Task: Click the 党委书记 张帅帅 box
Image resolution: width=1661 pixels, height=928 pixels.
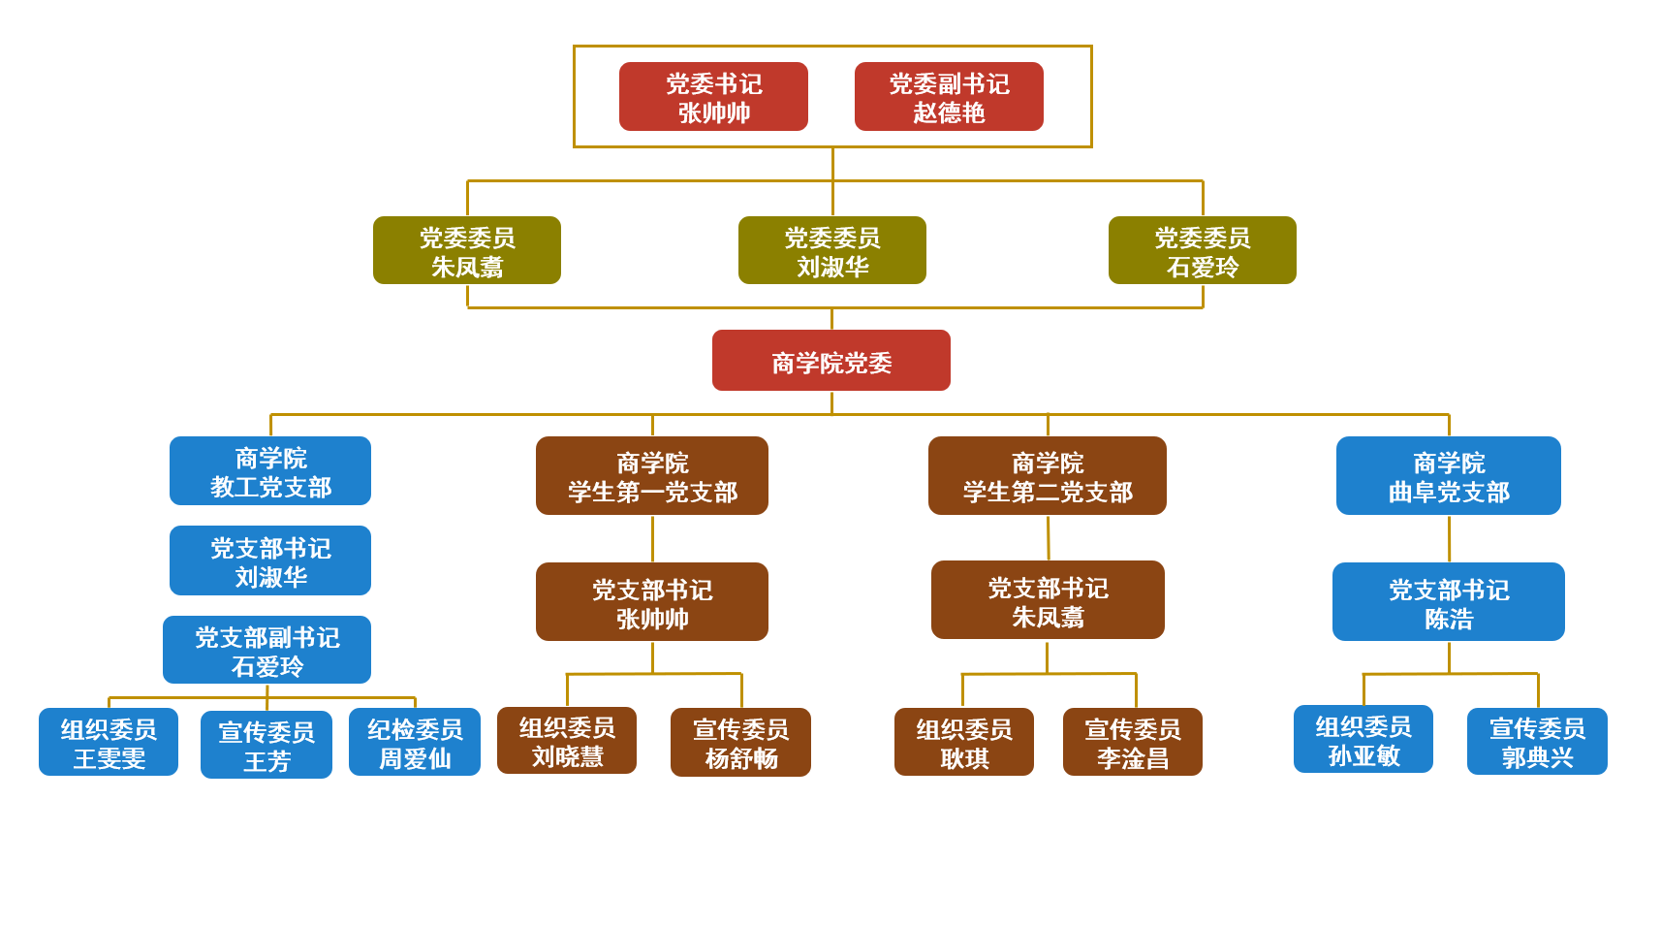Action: (713, 97)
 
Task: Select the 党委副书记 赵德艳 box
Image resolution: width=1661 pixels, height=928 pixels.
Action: (949, 97)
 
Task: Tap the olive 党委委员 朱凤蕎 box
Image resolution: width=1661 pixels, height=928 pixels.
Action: (467, 250)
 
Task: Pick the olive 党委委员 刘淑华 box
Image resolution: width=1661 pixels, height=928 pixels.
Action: (831, 250)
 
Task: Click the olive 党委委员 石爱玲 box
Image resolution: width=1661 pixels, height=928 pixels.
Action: (1202, 250)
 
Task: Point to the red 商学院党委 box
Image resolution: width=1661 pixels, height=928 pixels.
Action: (830, 361)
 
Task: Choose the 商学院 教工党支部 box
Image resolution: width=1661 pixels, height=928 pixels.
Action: (270, 471)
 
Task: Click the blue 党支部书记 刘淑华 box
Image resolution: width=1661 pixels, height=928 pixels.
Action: (270, 560)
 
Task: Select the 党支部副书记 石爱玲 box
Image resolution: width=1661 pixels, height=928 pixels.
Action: (266, 650)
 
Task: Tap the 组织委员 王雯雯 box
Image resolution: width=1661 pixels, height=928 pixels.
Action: (109, 742)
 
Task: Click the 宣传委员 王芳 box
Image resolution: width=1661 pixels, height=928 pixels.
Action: (266, 745)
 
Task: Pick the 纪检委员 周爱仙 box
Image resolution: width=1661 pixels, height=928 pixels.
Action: (415, 742)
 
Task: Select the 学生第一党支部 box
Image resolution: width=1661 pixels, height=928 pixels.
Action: (652, 476)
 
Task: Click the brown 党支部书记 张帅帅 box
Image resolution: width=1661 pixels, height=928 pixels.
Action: (652, 602)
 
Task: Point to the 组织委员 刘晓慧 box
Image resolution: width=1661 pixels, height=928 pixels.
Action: (567, 741)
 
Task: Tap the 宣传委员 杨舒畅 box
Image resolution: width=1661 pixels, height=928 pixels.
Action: (740, 743)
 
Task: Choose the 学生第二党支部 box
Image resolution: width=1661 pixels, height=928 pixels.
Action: (1048, 476)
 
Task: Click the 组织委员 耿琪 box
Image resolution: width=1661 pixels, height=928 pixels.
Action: (964, 742)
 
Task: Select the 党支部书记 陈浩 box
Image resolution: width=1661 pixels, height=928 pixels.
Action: (1449, 602)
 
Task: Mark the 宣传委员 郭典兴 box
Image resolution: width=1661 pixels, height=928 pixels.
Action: (1537, 742)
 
